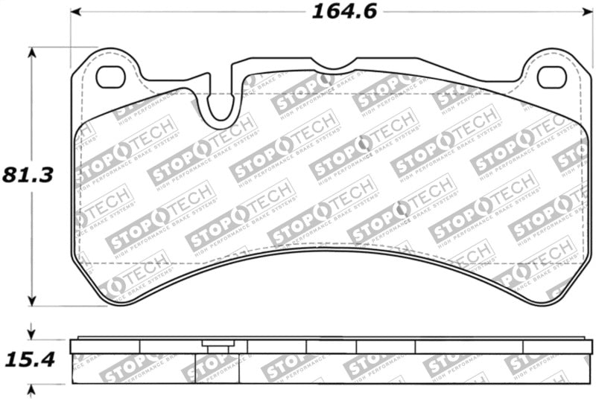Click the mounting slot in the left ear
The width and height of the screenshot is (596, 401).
[x=110, y=76]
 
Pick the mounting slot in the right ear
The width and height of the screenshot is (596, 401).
[x=551, y=76]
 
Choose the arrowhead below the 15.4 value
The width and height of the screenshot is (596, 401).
[x=31, y=389]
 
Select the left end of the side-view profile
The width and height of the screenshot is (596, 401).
[x=72, y=346]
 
